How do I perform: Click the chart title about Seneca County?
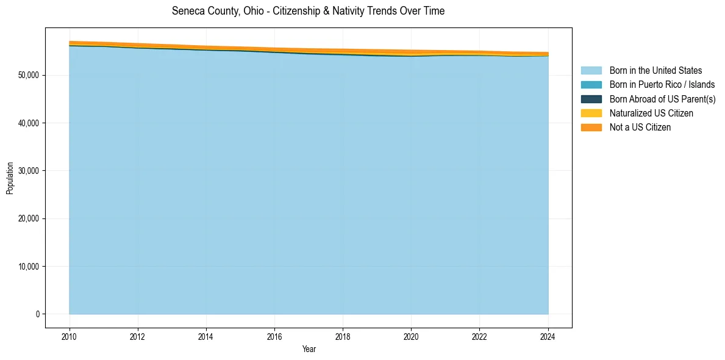tap(308, 11)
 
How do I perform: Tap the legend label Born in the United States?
tap(655, 71)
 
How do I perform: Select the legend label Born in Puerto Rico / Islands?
tap(662, 85)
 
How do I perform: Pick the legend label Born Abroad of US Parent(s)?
tap(662, 99)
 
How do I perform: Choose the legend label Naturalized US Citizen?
tap(651, 113)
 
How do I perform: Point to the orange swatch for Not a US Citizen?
tap(591, 127)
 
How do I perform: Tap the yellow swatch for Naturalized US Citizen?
tap(591, 113)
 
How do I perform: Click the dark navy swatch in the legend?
tap(591, 99)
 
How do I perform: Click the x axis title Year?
tap(309, 349)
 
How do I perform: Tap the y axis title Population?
tap(10, 178)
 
